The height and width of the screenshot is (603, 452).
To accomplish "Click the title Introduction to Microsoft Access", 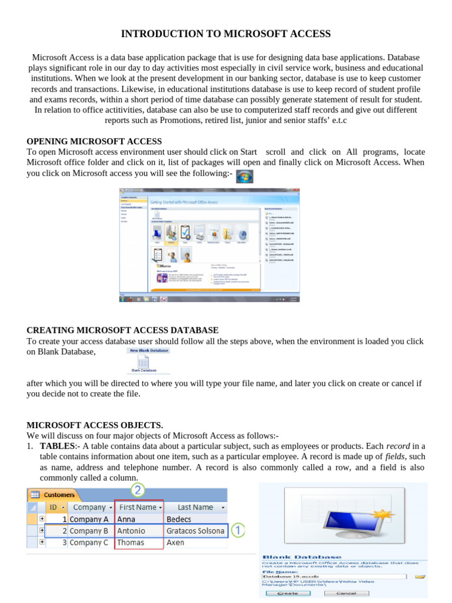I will point(226,34).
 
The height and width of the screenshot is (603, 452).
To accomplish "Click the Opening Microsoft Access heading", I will point(94,141).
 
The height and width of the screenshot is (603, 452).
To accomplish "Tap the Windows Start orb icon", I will point(244,176).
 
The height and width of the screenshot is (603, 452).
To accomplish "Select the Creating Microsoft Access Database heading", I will point(122,330).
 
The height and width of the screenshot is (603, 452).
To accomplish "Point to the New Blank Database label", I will point(148,350).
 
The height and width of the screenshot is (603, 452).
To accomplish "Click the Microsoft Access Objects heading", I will point(95,425).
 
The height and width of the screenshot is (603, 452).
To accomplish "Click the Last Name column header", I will point(195,507).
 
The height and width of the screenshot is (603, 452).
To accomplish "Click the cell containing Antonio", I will point(131,531).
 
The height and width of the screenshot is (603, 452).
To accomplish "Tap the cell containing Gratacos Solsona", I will point(195,531).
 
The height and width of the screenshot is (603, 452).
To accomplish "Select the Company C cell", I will point(89,542).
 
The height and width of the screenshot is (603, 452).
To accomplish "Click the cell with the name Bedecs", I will point(179,519).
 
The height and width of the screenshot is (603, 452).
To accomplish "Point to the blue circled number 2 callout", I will point(138,490).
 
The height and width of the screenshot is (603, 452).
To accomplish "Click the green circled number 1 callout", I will point(237,531).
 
